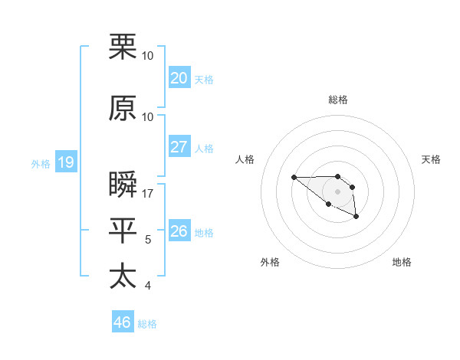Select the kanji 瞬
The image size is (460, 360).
(123, 185)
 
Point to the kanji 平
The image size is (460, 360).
(123, 231)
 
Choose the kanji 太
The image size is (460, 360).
(123, 277)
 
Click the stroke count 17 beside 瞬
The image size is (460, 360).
(148, 194)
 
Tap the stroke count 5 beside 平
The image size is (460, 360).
(148, 240)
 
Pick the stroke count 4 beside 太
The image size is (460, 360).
(148, 286)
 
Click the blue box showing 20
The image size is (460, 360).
(179, 77)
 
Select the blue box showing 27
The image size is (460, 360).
(179, 147)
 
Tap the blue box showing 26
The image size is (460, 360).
(179, 231)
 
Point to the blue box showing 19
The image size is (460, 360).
(65, 162)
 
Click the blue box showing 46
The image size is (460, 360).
(123, 322)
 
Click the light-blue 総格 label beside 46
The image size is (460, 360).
(147, 324)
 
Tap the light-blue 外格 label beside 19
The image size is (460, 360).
(41, 163)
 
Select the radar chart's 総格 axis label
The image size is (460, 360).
(337, 100)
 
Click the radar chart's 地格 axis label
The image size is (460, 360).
(402, 262)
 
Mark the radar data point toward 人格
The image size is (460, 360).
(294, 178)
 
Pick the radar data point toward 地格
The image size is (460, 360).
(356, 218)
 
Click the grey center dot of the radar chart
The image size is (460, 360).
(337, 191)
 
